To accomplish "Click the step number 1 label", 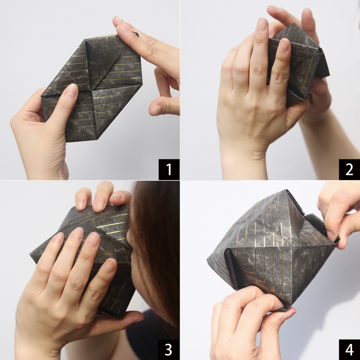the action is [169, 169].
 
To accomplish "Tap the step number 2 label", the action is [349, 169].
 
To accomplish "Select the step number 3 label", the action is [169, 349].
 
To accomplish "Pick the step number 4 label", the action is [349, 349].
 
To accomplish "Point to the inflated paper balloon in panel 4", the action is [273, 248].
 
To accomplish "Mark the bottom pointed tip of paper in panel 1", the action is [67, 142].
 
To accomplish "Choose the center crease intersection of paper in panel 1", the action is [90, 90].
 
